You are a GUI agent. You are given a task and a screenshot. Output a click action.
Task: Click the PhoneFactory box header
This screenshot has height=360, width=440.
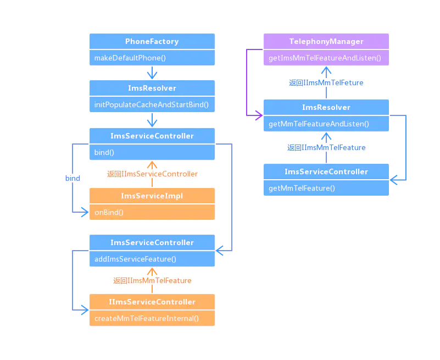pyautogui.click(x=152, y=41)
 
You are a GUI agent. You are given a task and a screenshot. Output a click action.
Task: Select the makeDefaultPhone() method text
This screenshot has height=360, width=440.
pyautogui.click(x=130, y=58)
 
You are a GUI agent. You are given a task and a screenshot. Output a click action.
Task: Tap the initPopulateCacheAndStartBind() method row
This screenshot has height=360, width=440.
pyautogui.click(x=152, y=104)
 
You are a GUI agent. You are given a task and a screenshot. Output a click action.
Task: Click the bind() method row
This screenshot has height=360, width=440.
pyautogui.click(x=152, y=152)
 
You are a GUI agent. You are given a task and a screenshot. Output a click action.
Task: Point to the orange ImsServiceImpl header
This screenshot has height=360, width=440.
pyautogui.click(x=152, y=196)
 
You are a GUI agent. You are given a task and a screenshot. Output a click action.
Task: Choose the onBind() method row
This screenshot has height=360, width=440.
pyautogui.click(x=152, y=212)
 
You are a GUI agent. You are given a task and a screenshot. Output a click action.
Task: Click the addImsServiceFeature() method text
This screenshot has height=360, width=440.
pyautogui.click(x=135, y=259)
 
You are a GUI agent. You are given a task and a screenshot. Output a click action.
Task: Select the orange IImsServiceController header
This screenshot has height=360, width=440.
pyautogui.click(x=152, y=302)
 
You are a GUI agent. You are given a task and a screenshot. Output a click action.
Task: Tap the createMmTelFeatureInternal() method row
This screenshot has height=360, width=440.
pyautogui.click(x=152, y=318)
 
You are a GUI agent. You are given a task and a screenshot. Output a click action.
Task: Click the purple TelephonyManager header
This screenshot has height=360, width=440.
pyautogui.click(x=326, y=41)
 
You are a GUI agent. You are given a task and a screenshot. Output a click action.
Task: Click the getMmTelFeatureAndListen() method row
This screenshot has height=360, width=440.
pyautogui.click(x=326, y=124)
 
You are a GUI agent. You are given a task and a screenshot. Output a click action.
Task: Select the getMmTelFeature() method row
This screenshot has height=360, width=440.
pyautogui.click(x=326, y=188)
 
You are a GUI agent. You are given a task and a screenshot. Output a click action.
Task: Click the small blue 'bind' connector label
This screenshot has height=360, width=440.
pyautogui.click(x=73, y=178)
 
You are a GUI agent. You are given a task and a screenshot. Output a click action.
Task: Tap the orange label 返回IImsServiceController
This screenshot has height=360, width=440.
pyautogui.click(x=152, y=174)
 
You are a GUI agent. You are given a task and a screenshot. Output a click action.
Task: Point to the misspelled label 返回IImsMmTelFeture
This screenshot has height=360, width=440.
pyautogui.click(x=326, y=82)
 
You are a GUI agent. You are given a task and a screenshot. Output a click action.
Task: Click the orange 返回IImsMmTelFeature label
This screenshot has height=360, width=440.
pyautogui.click(x=152, y=280)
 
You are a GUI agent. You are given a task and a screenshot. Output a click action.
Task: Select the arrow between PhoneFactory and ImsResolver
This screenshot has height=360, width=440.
pyautogui.click(x=152, y=74)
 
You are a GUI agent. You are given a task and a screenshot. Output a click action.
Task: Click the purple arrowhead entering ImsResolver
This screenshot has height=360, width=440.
pyautogui.click(x=257, y=116)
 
